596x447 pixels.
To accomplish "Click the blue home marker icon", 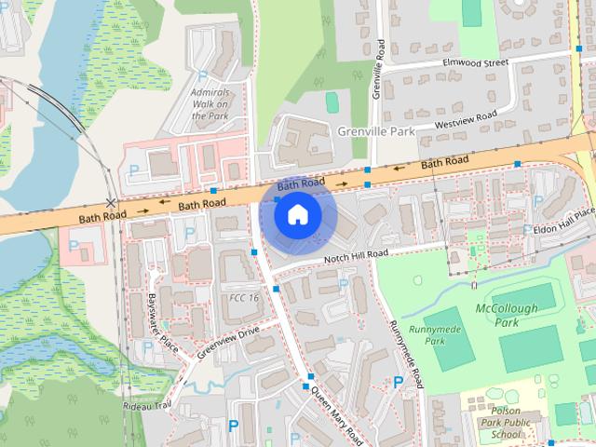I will [x=297, y=215].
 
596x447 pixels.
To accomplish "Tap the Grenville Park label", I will [x=376, y=132].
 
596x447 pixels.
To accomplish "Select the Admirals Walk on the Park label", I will [x=209, y=104].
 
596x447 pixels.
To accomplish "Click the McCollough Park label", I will [x=508, y=315].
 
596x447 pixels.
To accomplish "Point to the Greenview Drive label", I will [x=227, y=341].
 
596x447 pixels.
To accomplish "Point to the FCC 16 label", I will [x=244, y=297].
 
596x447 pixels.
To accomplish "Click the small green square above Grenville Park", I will [x=332, y=100].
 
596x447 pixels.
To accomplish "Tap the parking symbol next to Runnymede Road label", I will [x=400, y=380].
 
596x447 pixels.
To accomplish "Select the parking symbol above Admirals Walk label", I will [x=202, y=76].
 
